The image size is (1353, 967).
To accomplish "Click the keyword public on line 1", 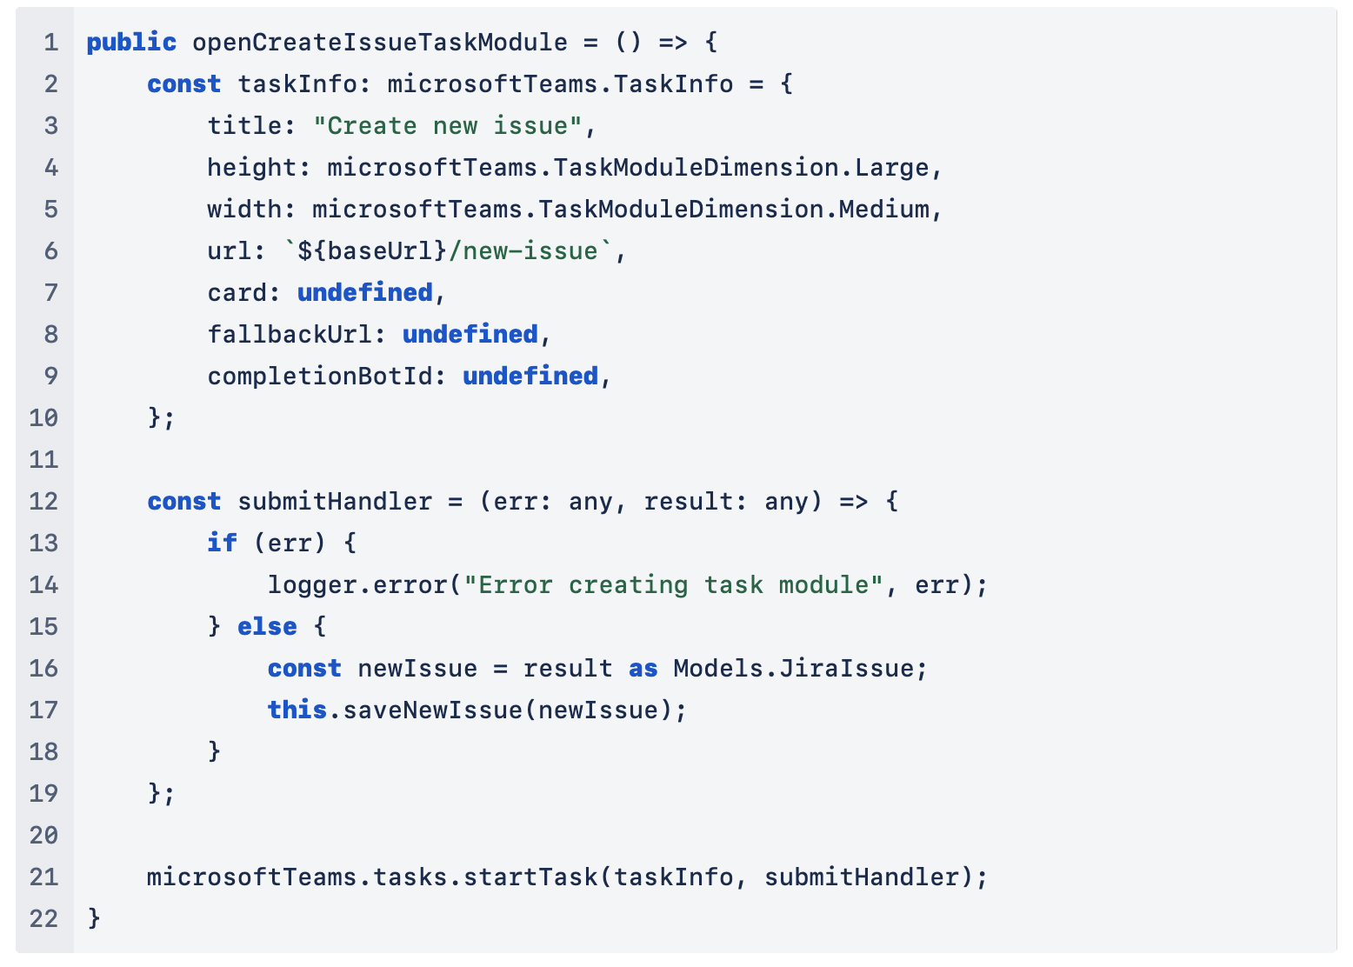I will pyautogui.click(x=131, y=42).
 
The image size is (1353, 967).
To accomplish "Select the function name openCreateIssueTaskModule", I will pyautogui.click(x=379, y=42).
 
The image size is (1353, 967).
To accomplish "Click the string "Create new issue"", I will pyautogui.click(x=447, y=125).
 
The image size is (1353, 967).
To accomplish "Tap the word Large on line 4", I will pyautogui.click(x=891, y=167).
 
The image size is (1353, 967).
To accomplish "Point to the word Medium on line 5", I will pyautogui.click(x=883, y=209).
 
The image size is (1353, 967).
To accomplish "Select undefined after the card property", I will pyautogui.click(x=365, y=292).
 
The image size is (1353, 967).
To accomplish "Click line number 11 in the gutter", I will pyautogui.click(x=43, y=459).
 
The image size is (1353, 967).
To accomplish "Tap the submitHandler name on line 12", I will pyautogui.click(x=335, y=501).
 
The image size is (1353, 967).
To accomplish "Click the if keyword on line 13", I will pyautogui.click(x=222, y=543).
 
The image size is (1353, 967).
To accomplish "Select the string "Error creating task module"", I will pyautogui.click(x=673, y=584).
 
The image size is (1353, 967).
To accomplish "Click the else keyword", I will pyautogui.click(x=267, y=626).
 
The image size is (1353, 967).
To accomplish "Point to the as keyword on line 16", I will pyautogui.click(x=643, y=668).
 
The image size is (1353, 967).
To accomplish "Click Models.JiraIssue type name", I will pyautogui.click(x=793, y=668).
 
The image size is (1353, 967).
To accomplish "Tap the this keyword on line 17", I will pyautogui.click(x=297, y=710).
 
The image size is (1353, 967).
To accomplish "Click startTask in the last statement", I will pyautogui.click(x=530, y=877).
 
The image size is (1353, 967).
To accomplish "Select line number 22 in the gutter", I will pyautogui.click(x=43, y=918).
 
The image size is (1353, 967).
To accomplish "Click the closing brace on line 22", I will pyautogui.click(x=94, y=918).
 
